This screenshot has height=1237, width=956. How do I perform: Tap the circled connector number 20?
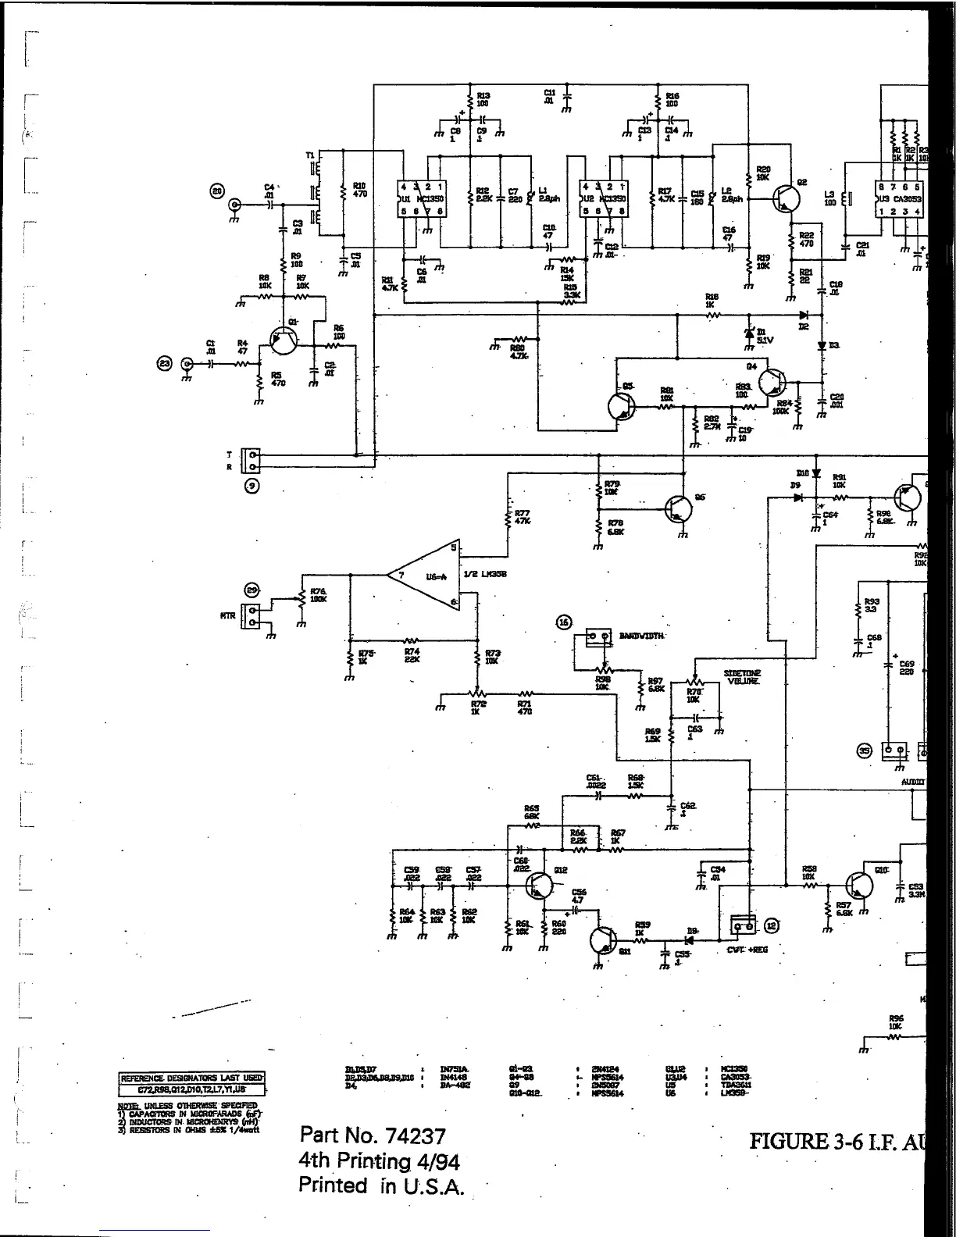(216, 191)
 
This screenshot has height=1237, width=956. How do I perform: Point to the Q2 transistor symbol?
(784, 199)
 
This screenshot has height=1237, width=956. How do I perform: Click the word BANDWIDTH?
(641, 636)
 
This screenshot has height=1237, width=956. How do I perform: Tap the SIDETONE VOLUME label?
(742, 676)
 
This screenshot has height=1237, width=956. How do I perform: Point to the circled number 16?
(564, 622)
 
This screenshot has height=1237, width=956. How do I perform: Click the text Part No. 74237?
(372, 1135)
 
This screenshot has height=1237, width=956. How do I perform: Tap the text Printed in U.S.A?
(382, 1185)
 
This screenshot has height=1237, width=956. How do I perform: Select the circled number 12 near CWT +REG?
(771, 925)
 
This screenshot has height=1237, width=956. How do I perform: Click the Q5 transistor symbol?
(622, 405)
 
